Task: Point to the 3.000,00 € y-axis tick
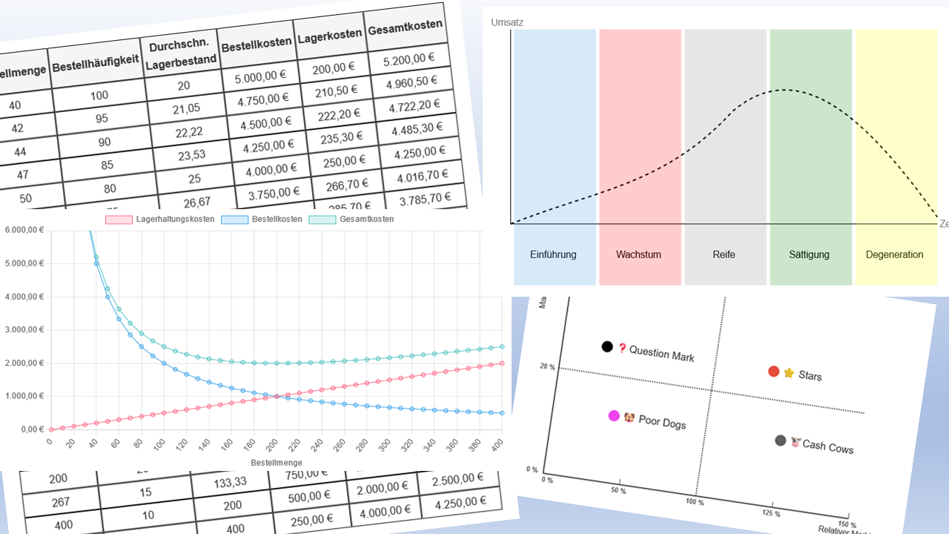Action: point(24,330)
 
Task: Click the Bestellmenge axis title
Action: point(276,463)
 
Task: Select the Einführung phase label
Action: point(553,254)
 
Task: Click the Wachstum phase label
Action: point(638,254)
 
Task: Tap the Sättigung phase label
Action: point(809,254)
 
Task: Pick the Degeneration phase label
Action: point(894,254)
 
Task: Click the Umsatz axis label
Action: point(507,23)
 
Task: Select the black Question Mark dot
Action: point(607,346)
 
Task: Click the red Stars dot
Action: point(773,372)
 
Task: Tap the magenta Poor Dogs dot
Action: point(614,416)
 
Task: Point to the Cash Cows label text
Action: point(827,446)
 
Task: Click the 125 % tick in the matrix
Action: point(772,513)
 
